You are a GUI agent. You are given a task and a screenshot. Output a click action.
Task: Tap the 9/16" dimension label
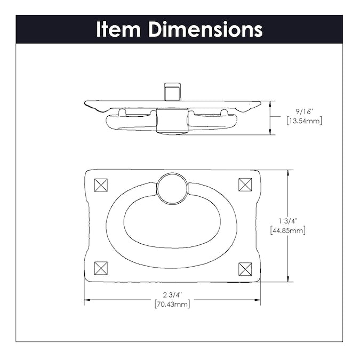click(304, 112)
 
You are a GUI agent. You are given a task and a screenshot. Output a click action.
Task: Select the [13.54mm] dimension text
click(304, 121)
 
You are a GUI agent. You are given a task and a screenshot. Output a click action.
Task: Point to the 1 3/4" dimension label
click(288, 221)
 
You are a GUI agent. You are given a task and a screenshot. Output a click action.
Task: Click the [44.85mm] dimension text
click(288, 230)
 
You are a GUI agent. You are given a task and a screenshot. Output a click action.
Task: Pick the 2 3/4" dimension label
click(172, 294)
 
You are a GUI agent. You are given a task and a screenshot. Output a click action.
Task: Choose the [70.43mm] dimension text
click(172, 304)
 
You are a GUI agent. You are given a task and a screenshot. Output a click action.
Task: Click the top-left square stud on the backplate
click(101, 185)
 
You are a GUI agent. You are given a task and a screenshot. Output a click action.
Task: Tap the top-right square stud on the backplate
click(245, 185)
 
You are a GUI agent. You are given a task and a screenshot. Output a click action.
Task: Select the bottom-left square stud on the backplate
click(101, 268)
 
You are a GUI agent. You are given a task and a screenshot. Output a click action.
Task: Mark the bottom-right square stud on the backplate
click(245, 269)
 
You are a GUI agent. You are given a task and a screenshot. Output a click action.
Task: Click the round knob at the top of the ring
click(172, 188)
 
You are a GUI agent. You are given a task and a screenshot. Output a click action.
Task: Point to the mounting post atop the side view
click(172, 92)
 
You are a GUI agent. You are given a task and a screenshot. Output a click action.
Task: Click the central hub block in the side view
click(172, 121)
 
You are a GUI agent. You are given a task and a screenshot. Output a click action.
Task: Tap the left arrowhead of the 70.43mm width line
click(87, 300)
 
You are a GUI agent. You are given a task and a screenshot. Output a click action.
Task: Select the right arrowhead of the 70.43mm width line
click(258, 300)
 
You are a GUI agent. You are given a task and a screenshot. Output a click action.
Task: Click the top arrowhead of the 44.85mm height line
click(288, 173)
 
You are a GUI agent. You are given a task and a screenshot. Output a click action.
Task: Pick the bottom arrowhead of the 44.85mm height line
click(288, 279)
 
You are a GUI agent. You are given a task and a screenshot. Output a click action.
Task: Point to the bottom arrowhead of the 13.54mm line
click(270, 132)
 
